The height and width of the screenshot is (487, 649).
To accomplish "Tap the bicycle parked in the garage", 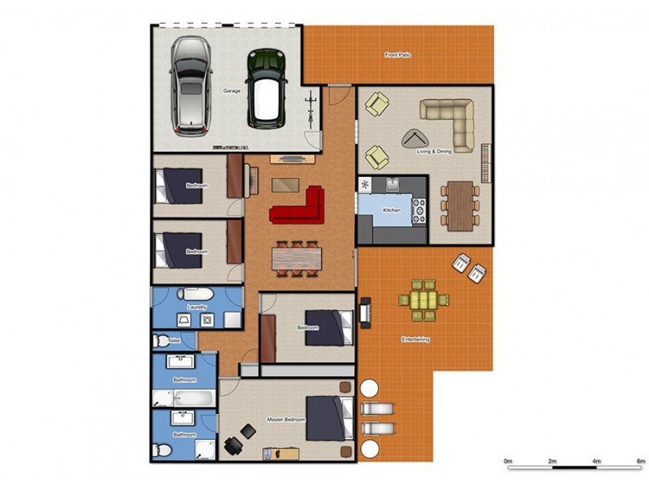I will pyautogui.click(x=309, y=110).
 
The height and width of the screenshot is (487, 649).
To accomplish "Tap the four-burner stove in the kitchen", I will pyautogui.click(x=419, y=210).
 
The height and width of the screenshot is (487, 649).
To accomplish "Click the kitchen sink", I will pyautogui.click(x=392, y=183).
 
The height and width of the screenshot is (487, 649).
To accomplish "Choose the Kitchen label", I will pyautogui.click(x=392, y=210).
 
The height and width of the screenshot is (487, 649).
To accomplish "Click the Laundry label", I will pyautogui.click(x=197, y=307).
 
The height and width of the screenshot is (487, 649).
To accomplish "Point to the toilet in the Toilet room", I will pyautogui.click(x=162, y=341).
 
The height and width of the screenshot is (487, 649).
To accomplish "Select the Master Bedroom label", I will pyautogui.click(x=286, y=420).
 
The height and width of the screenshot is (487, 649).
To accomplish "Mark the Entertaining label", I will pyautogui.click(x=416, y=338).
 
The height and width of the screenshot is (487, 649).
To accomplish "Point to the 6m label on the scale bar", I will pyautogui.click(x=640, y=461).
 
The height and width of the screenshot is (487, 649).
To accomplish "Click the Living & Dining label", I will pyautogui.click(x=434, y=152).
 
